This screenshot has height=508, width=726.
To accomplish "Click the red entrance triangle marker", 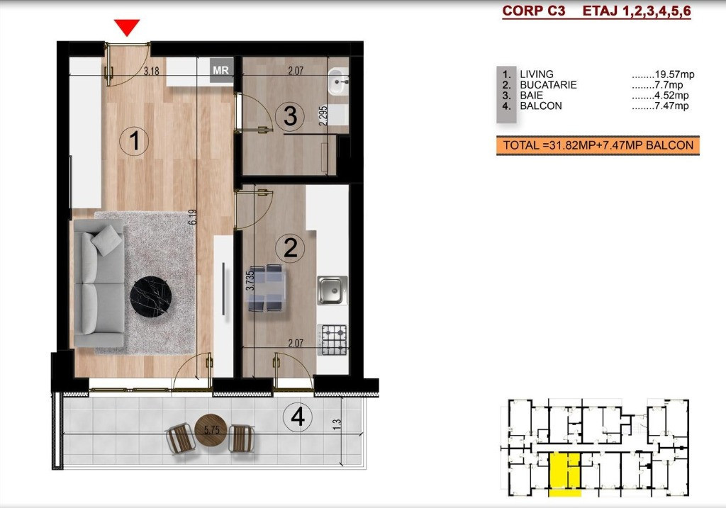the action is click(x=127, y=27).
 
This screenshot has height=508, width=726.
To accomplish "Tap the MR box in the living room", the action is click(x=221, y=70).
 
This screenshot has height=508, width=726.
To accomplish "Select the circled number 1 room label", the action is click(x=134, y=141).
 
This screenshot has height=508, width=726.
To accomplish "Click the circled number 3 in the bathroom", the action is click(x=290, y=115).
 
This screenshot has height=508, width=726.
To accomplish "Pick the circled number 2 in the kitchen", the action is click(x=290, y=248).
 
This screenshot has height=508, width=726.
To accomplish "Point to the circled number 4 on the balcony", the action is click(x=298, y=417).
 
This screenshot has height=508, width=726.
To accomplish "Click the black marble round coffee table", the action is click(x=151, y=297).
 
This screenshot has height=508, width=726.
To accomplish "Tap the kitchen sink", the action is click(x=333, y=290).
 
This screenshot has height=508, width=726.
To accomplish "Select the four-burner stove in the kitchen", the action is click(x=333, y=339).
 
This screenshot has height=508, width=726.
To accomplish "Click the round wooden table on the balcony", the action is click(x=211, y=430).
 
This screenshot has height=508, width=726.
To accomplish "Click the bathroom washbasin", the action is click(x=338, y=81).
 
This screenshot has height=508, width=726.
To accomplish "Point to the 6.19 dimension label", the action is click(x=193, y=217).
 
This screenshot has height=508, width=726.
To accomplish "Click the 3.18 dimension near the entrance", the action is click(x=152, y=72).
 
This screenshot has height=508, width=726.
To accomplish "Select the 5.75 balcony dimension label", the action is click(x=212, y=429).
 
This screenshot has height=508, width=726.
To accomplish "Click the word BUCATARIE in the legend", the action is click(x=548, y=85).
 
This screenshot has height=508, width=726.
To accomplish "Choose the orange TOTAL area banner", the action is click(x=598, y=145).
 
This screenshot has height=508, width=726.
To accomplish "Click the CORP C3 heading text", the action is click(x=533, y=11).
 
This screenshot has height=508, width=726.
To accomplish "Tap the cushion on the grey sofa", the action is click(x=107, y=239).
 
